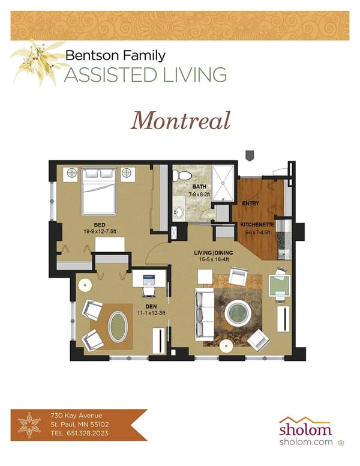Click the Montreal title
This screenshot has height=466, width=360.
pos(181,121)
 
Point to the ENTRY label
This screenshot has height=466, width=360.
pos(250,203)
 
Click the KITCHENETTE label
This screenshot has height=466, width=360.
pos(257,224)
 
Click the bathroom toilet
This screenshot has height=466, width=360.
pos(182,175)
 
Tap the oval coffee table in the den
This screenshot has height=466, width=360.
pos(118,327)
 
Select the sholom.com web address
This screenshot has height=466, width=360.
pos(305,442)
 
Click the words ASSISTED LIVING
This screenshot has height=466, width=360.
pos(146,75)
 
